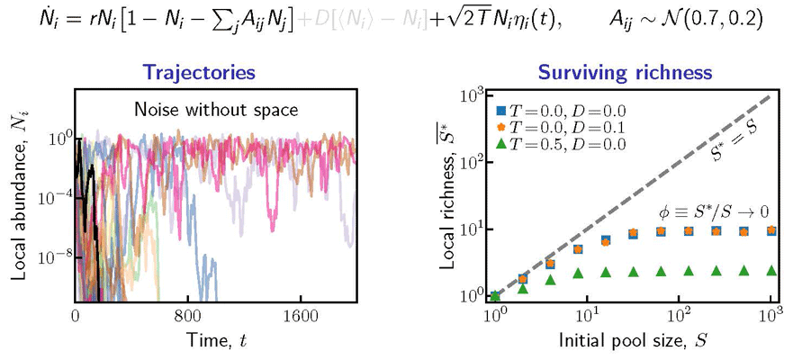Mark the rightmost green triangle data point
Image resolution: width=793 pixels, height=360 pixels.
click(771, 269)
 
